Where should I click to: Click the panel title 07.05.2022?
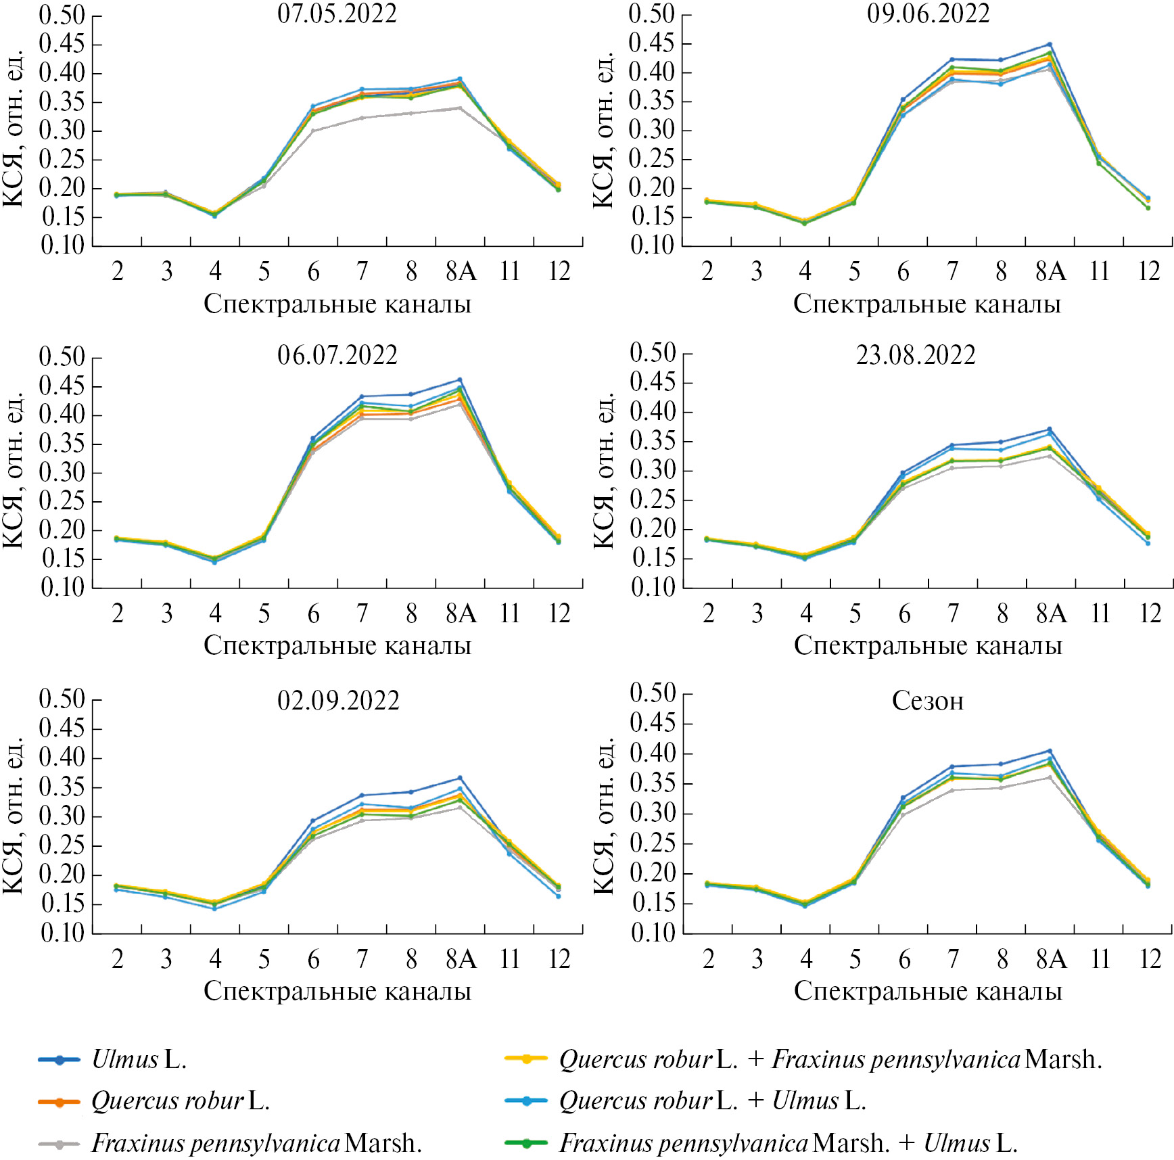337,14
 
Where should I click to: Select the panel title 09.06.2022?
928,14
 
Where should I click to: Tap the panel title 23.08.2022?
916,355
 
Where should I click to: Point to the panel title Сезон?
927,701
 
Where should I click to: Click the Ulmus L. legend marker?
60,1060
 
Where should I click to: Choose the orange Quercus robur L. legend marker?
60,1102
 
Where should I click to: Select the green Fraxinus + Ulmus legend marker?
526,1144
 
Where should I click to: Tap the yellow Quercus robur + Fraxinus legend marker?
526,1059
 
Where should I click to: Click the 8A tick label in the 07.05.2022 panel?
461,272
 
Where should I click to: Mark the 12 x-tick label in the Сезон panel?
1150,959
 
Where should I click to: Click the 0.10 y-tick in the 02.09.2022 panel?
63,933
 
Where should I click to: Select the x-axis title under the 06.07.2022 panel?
337,646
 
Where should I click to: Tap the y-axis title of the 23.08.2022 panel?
603,471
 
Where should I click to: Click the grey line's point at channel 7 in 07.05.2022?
362,118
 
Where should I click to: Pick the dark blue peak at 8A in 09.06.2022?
1050,45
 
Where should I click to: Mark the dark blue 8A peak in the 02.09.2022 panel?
460,778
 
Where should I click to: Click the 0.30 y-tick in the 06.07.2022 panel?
63,473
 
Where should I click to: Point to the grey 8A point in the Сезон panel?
1050,778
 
